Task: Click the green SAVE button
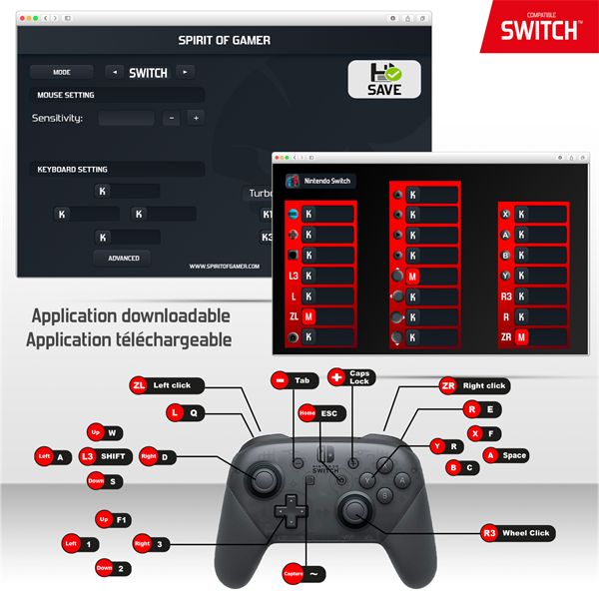(384, 78)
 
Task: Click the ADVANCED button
(123, 258)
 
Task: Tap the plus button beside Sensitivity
(196, 118)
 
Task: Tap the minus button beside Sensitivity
(171, 118)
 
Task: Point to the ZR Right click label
(474, 385)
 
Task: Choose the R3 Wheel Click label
(516, 533)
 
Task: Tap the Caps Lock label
(348, 377)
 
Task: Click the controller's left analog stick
(263, 480)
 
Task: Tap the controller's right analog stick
(355, 512)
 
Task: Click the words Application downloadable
(131, 316)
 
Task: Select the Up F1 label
(112, 520)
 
